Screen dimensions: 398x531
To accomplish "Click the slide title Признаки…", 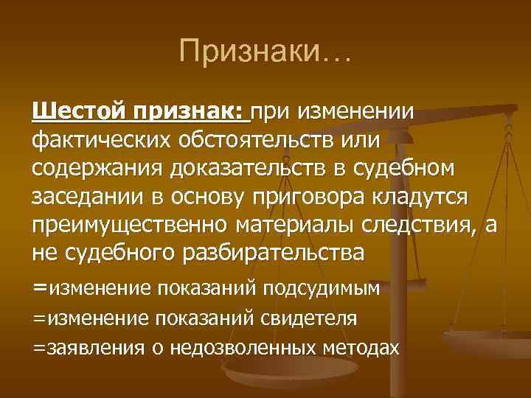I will click(265, 51).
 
